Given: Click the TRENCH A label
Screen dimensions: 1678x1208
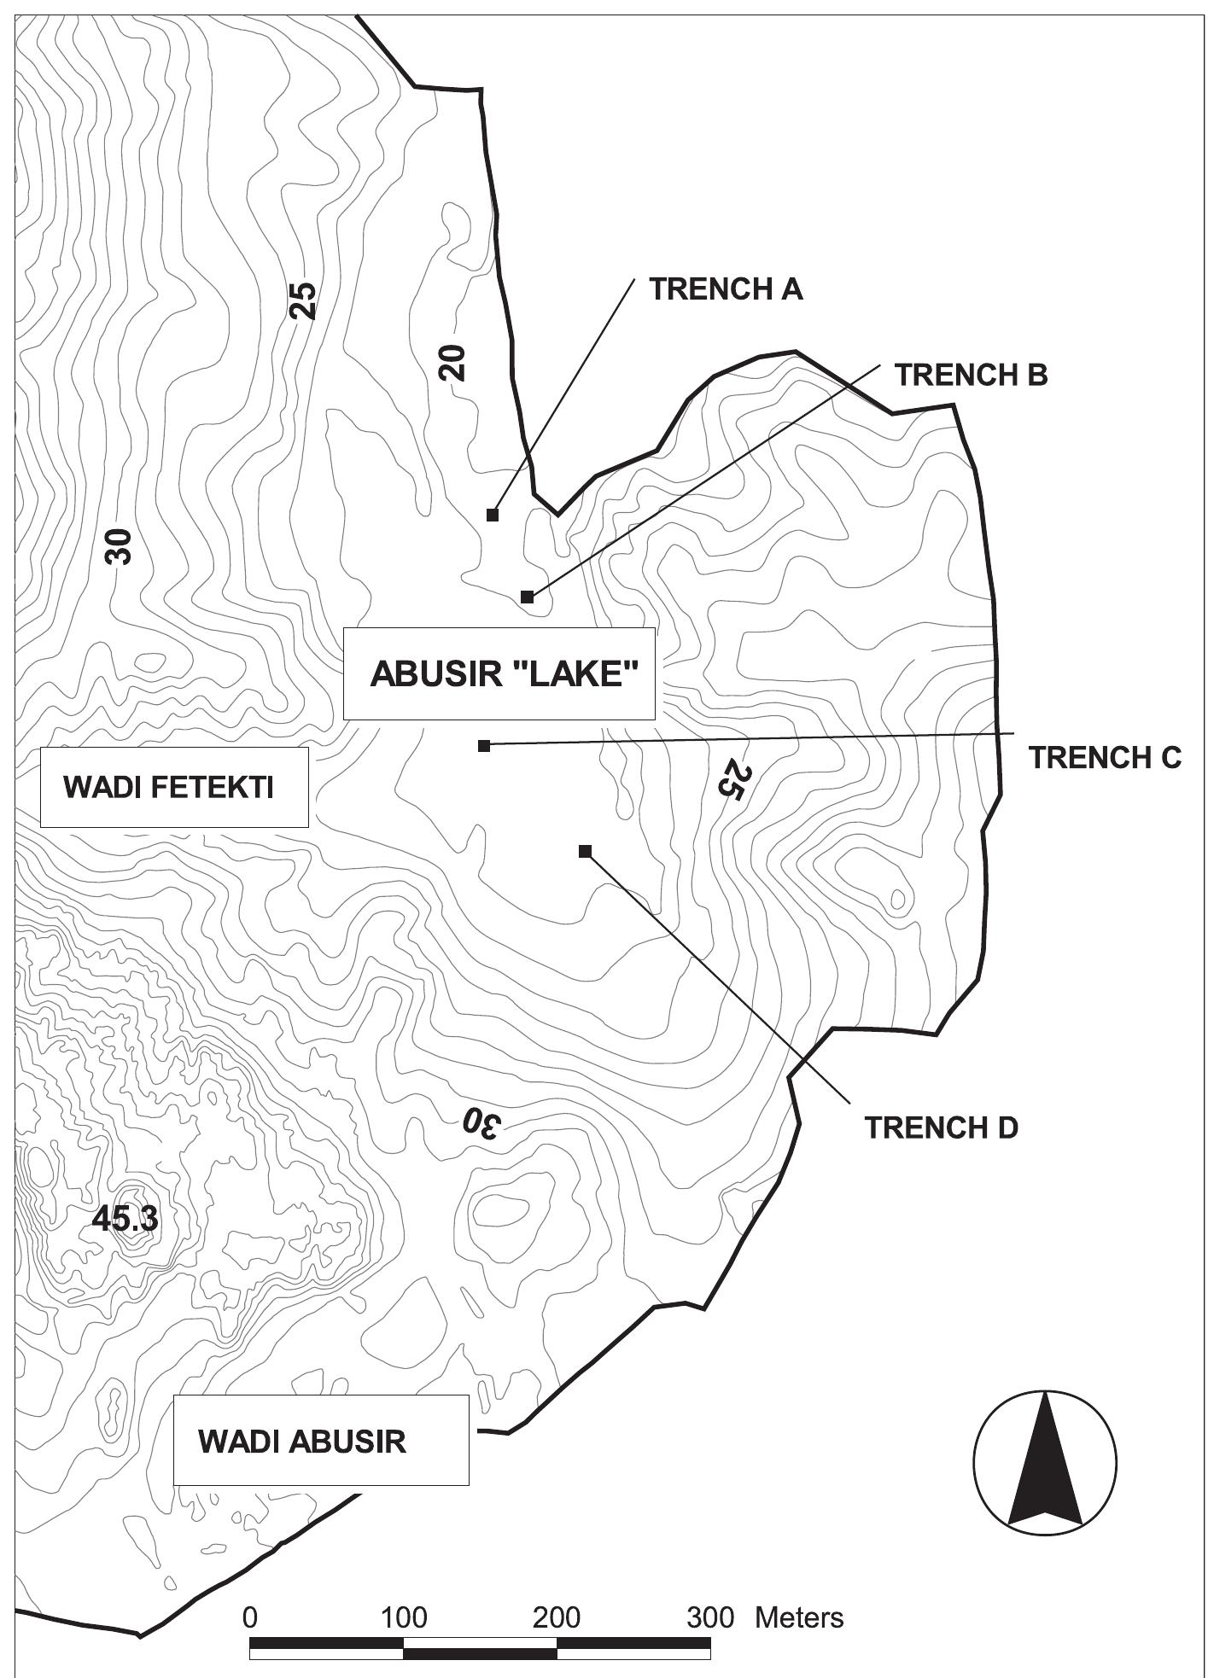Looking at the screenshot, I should (x=726, y=289).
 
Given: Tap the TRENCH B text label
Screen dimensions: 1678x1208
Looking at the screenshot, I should (x=971, y=375).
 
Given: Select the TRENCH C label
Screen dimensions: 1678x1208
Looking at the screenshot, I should (x=1105, y=757).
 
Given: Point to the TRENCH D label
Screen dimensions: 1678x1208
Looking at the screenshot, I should (x=942, y=1127).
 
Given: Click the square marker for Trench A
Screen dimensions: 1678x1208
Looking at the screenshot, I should (x=493, y=515).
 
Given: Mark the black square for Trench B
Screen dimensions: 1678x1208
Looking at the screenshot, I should (x=528, y=597).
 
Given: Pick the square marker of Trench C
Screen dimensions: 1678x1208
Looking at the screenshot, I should (x=484, y=746).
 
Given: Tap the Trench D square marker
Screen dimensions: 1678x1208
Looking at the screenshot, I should (x=585, y=851).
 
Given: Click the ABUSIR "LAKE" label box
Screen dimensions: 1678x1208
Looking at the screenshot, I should (x=499, y=674).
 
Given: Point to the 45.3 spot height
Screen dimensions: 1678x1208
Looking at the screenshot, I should (x=125, y=1220).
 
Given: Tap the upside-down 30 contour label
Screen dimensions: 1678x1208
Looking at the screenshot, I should (x=479, y=1124).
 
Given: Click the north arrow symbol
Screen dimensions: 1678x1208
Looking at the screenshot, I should (x=1045, y=1460).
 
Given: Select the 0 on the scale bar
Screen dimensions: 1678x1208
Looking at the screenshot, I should (x=250, y=1594).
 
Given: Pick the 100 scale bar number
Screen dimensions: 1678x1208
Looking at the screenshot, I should (x=404, y=1594).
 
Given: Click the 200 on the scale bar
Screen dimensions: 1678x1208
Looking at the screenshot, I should (x=557, y=1594).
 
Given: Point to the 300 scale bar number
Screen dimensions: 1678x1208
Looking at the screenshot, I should (x=710, y=1594).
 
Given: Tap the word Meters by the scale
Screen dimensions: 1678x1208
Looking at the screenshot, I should (x=799, y=1594).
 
